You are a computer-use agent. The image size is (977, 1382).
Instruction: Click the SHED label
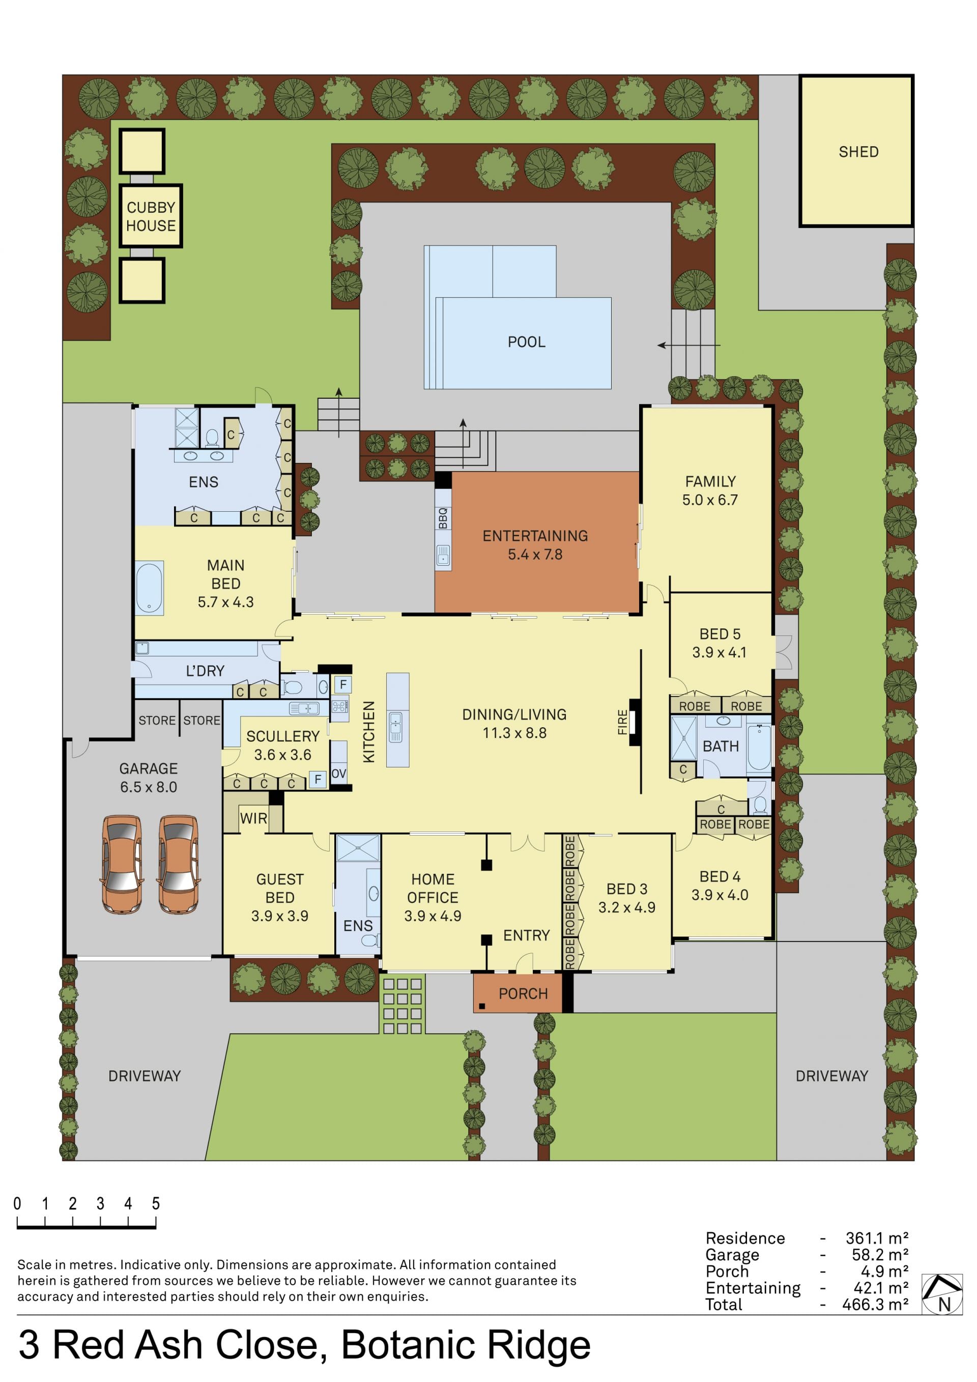858,152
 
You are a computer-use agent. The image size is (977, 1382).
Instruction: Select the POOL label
526,342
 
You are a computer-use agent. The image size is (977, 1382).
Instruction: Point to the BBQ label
443,518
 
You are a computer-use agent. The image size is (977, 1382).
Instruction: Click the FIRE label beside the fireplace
623,722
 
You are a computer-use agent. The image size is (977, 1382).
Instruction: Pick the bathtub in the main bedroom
149,588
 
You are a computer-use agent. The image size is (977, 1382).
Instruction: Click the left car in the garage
122,864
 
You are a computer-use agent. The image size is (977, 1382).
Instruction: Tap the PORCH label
523,994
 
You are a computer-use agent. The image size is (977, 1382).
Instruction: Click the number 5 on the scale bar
156,1203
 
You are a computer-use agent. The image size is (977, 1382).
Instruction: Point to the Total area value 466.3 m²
877,1305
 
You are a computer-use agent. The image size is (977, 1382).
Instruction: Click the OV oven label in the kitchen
339,773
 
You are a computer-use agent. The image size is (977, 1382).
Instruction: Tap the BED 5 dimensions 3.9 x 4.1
720,652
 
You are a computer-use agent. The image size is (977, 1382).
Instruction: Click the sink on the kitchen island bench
395,727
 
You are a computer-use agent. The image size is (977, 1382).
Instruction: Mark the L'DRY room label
205,671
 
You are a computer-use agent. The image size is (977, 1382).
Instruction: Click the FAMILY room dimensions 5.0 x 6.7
710,500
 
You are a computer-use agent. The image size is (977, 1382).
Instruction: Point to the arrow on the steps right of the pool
688,345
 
